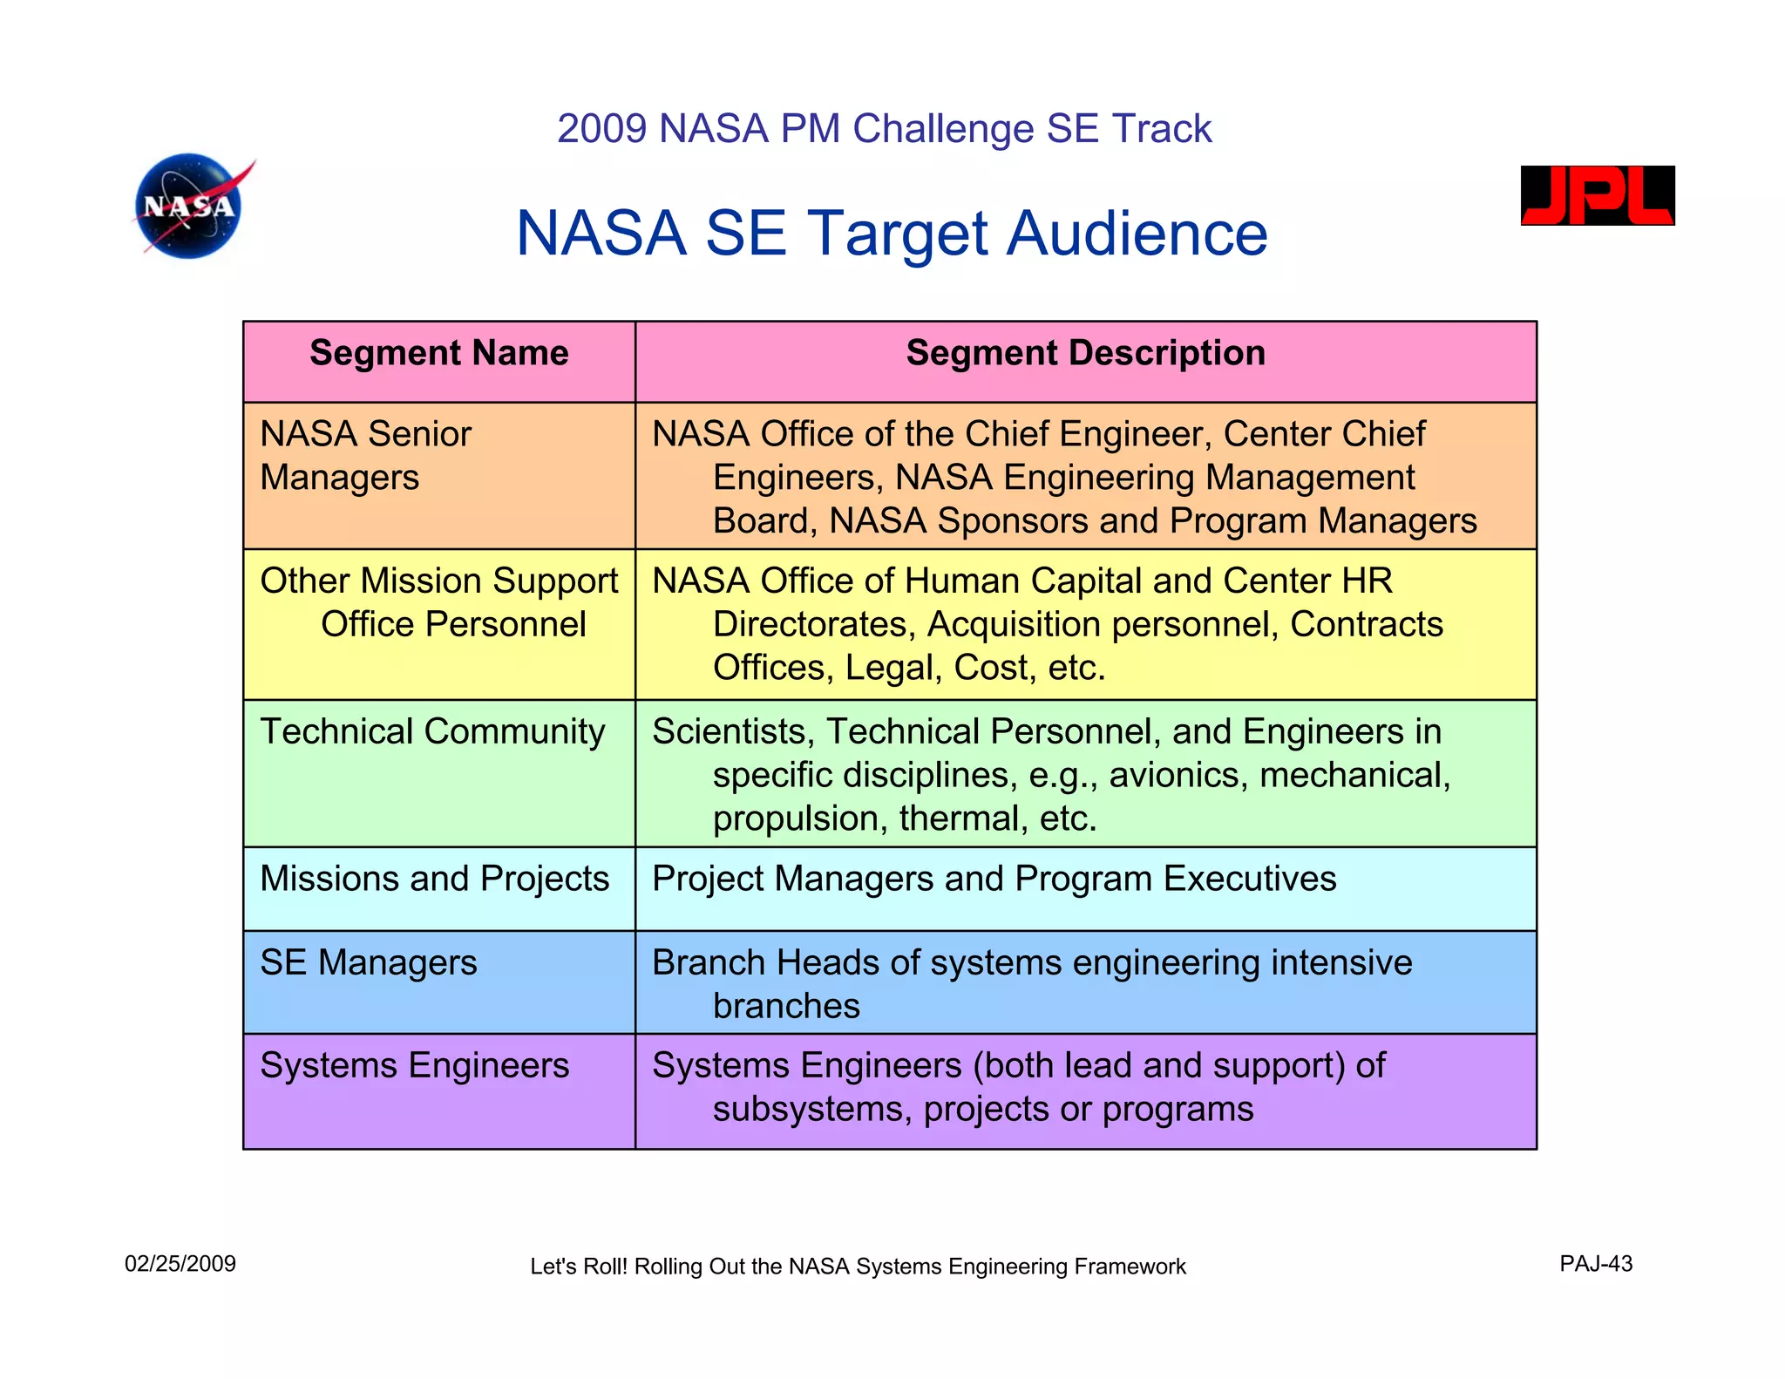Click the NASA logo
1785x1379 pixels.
tap(191, 207)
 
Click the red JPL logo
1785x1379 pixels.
tap(1597, 195)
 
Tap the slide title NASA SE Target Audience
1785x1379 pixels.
tap(891, 234)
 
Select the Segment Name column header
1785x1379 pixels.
tap(438, 354)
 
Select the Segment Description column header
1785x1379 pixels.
tap(1085, 354)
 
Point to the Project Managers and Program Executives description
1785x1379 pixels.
tap(994, 879)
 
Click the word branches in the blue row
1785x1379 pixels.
tap(786, 1006)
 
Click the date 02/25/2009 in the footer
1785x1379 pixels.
tap(180, 1264)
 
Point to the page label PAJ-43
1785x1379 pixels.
tap(1596, 1264)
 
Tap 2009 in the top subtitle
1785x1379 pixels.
tap(602, 129)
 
